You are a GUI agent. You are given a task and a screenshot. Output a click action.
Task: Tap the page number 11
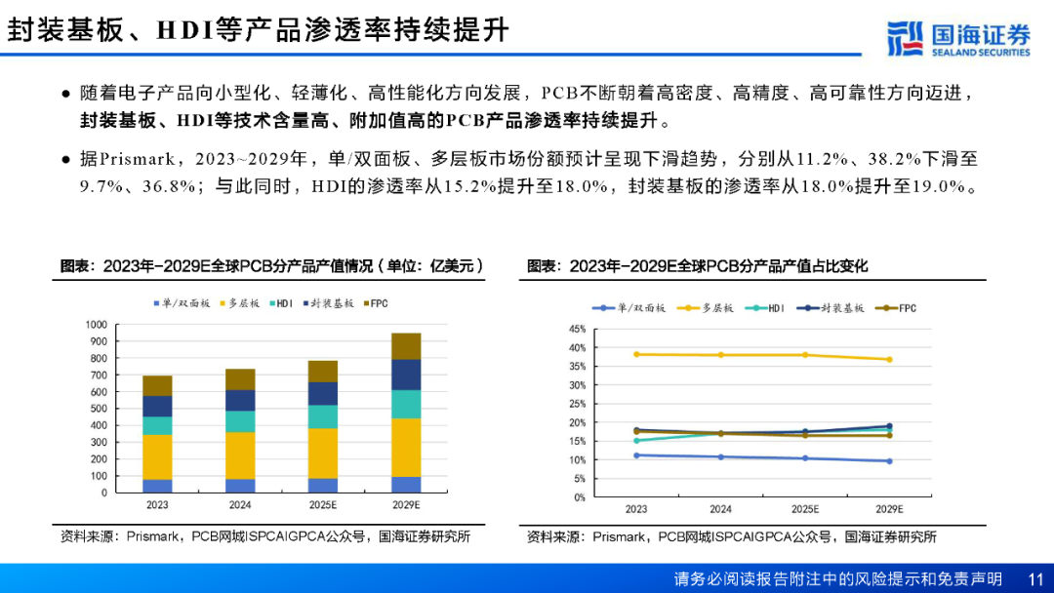(x=1035, y=578)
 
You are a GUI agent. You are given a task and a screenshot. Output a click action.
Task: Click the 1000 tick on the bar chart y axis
(x=96, y=325)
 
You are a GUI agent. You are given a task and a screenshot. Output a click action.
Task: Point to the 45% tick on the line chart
(x=577, y=330)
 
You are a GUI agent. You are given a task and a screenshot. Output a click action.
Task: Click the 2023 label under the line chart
(x=636, y=509)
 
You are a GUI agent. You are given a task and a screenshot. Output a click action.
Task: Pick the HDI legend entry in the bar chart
(x=279, y=304)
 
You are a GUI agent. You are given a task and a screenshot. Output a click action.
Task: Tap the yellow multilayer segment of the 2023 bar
(x=157, y=456)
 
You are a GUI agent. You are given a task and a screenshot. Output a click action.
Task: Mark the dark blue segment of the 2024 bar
(x=240, y=400)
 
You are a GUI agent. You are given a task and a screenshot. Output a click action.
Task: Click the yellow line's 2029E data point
(x=889, y=359)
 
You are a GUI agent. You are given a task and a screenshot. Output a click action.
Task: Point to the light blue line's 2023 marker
(x=636, y=455)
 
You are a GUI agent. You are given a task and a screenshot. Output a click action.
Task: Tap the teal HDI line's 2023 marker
(x=636, y=441)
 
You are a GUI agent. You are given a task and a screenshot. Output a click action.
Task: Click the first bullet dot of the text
(x=65, y=95)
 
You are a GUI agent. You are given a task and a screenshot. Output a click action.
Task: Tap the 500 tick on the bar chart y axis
(x=99, y=409)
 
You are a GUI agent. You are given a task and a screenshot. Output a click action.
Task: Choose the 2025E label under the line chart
(x=805, y=509)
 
